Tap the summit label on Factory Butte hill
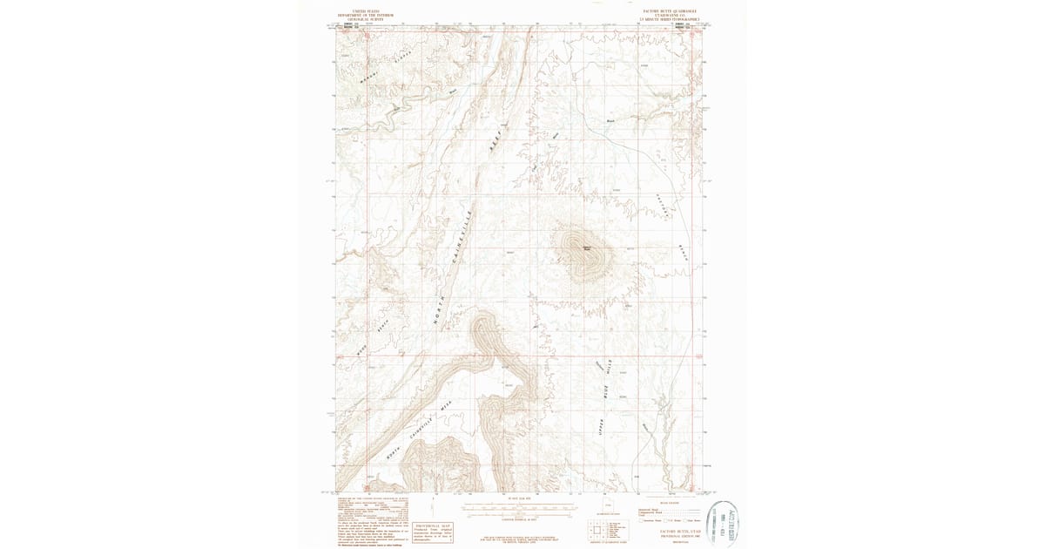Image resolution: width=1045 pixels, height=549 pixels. pos(587,247)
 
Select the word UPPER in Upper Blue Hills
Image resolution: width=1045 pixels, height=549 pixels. pos(600,426)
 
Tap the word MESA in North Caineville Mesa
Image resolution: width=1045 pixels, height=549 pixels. pos(446,405)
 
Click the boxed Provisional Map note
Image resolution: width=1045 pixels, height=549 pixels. pos(432,532)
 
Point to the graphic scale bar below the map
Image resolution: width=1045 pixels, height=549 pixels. pos(517,507)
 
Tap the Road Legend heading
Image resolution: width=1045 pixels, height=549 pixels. pos(669,503)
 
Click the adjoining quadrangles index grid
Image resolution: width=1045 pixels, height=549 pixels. pos(596,529)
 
